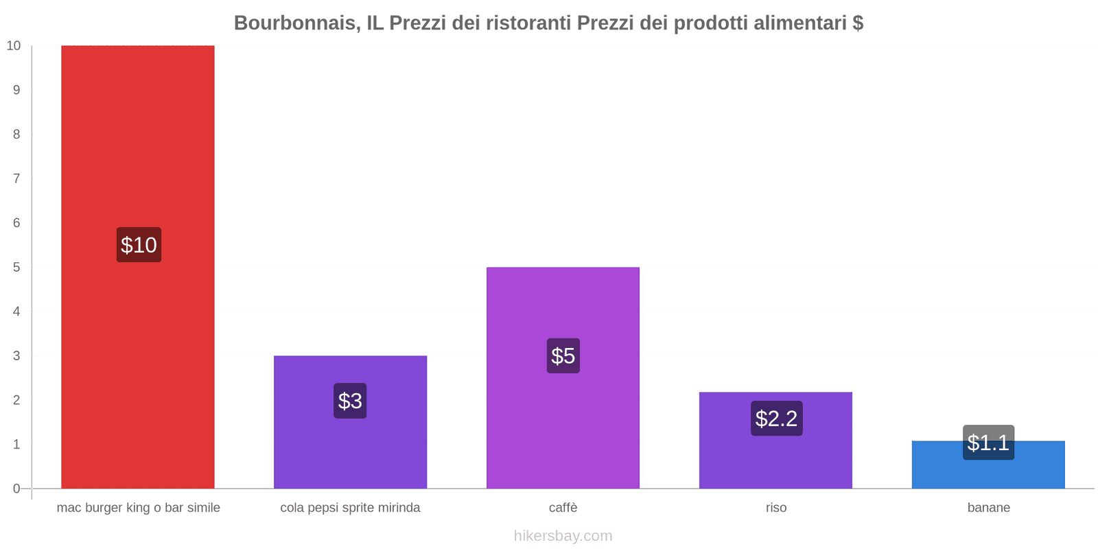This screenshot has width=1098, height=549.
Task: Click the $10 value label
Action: (x=139, y=245)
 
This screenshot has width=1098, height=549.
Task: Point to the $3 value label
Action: (x=350, y=401)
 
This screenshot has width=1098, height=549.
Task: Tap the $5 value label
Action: (x=563, y=356)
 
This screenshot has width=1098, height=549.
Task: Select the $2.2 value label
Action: (x=776, y=419)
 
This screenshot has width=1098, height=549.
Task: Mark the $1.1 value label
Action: (x=988, y=443)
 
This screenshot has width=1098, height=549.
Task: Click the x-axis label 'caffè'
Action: (x=563, y=508)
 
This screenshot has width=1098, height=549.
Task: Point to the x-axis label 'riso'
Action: (x=776, y=508)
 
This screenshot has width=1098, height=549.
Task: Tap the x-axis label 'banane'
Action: (x=988, y=508)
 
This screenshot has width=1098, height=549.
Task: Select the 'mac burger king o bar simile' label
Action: (x=139, y=508)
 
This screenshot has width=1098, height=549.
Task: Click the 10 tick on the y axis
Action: (x=14, y=46)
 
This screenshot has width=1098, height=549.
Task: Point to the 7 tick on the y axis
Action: (x=16, y=178)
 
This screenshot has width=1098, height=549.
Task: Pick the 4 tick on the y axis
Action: (x=16, y=312)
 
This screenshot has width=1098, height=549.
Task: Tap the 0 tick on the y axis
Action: (x=16, y=489)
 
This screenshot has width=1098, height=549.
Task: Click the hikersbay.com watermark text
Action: (x=563, y=536)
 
